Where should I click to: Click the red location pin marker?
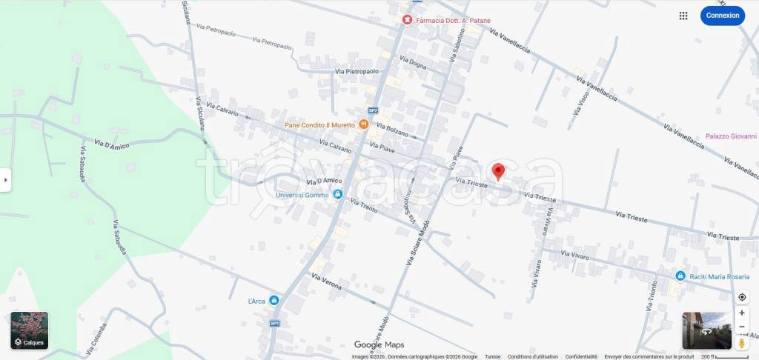499,172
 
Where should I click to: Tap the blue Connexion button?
722,16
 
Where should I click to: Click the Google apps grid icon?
683,16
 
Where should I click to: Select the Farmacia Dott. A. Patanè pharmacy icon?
407,20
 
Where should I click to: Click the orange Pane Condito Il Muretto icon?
363,124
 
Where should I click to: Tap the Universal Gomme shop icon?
338,195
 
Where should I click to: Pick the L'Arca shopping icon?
274,300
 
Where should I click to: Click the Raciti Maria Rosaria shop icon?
680,276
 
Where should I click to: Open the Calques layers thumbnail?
30,330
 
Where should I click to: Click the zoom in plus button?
742,313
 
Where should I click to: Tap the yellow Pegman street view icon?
742,343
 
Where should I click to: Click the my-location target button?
742,297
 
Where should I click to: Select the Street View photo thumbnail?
706,330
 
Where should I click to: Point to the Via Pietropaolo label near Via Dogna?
357,72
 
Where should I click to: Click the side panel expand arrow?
5,180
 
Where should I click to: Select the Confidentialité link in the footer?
581,356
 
